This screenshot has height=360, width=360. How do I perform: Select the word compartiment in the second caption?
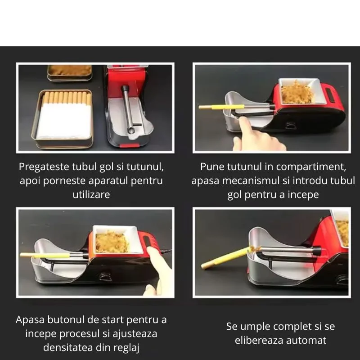click(311, 166)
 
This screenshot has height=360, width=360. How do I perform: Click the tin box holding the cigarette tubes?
click(65, 119)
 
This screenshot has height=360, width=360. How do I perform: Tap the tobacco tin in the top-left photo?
click(69, 72)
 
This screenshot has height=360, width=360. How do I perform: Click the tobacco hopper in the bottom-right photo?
click(342, 229)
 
